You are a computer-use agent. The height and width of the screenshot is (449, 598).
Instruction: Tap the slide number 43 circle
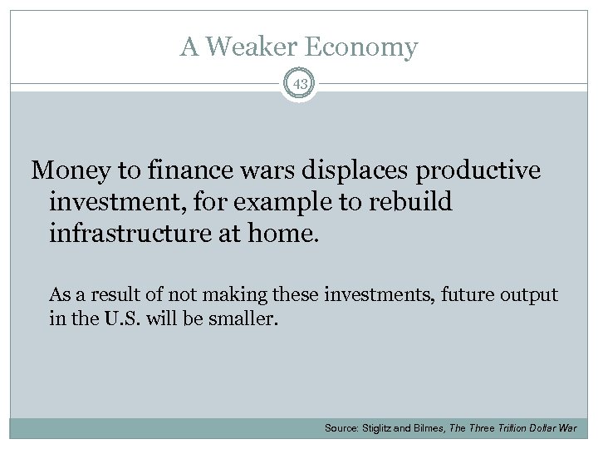pyautogui.click(x=299, y=83)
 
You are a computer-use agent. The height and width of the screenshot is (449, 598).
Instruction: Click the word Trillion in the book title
pyautogui.click(x=517, y=427)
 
